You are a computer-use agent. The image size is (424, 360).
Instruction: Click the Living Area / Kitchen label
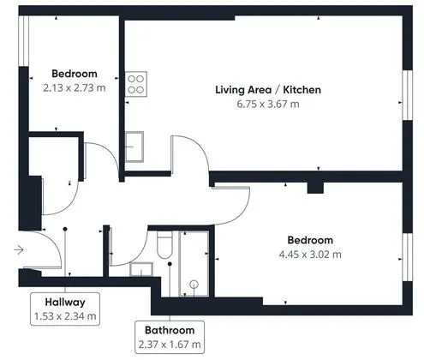click(268, 90)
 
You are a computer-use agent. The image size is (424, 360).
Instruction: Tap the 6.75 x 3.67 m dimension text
click(268, 104)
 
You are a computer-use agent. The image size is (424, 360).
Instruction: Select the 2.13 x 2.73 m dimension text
click(75, 87)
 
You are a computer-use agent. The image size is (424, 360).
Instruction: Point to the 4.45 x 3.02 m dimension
click(310, 255)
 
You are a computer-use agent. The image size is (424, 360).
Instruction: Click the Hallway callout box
click(65, 309)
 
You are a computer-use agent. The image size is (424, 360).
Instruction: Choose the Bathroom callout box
click(170, 337)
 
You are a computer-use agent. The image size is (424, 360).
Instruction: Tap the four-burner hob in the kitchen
click(136, 84)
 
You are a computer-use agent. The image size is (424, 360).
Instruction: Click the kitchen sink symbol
click(134, 147)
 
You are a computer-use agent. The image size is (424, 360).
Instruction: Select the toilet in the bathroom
click(164, 244)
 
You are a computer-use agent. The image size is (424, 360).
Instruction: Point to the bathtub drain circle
click(194, 285)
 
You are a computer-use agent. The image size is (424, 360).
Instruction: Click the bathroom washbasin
click(141, 270)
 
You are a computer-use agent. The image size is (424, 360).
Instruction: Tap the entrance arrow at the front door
click(19, 250)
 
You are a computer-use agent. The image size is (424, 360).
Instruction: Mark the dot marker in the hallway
click(65, 229)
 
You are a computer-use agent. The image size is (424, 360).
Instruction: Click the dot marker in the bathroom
click(170, 264)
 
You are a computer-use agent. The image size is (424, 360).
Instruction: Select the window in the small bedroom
click(24, 41)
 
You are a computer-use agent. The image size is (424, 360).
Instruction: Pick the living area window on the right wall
click(408, 95)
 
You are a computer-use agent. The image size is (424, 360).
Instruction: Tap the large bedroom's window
click(408, 257)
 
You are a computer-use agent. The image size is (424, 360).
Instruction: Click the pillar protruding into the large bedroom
click(315, 188)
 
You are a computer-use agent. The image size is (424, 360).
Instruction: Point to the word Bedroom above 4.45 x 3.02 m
click(310, 240)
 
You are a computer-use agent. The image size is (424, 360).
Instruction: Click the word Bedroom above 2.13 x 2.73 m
click(75, 74)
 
